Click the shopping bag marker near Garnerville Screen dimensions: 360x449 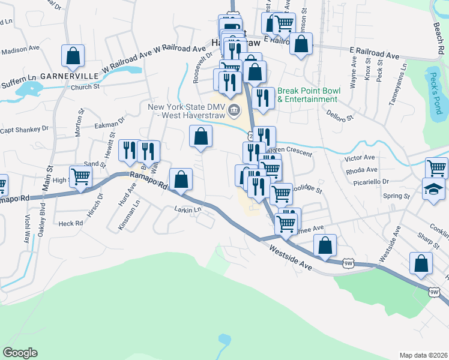73,56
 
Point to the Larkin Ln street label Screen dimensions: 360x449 187,209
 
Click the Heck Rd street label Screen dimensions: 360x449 70,223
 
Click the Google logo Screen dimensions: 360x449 20,352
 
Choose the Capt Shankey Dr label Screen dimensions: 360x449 24,129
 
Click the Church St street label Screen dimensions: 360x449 85,86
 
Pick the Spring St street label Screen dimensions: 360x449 397,196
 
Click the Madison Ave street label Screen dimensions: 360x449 20,51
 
